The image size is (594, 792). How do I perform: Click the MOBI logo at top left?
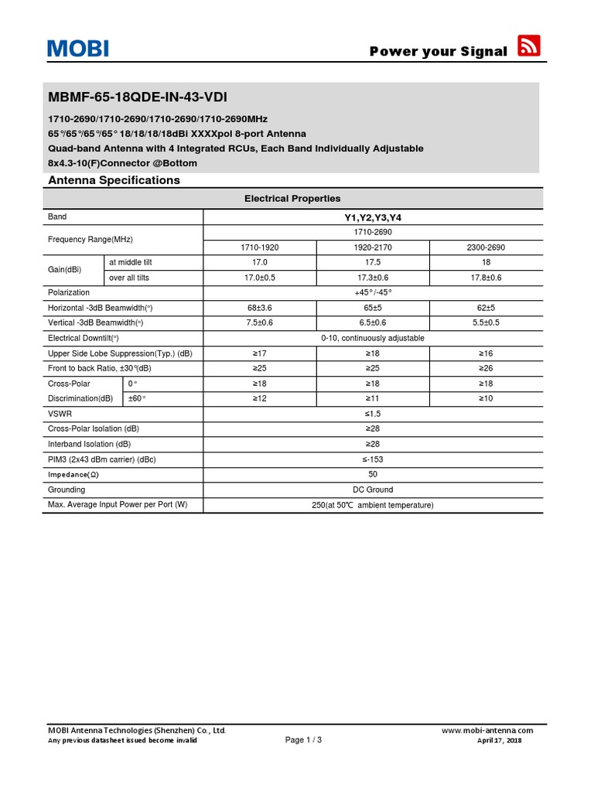click(x=77, y=49)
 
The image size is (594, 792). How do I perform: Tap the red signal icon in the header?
click(x=528, y=46)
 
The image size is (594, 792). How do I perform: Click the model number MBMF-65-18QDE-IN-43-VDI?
click(x=138, y=97)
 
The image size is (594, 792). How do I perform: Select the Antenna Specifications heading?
click(x=114, y=180)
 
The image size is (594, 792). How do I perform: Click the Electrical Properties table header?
click(x=292, y=199)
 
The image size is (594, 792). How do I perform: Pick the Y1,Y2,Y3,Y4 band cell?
click(x=373, y=217)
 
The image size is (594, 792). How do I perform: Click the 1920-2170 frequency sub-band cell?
click(x=373, y=247)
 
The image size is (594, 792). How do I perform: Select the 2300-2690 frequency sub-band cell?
click(x=486, y=247)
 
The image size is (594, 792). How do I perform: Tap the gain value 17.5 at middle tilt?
click(x=373, y=262)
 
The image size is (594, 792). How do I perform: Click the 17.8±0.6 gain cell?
click(x=486, y=278)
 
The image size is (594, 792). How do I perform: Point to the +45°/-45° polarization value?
click(x=373, y=292)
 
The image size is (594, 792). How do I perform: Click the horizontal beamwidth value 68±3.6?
click(x=259, y=308)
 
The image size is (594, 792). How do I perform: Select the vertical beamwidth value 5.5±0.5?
click(x=486, y=323)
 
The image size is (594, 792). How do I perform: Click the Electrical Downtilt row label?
click(x=84, y=338)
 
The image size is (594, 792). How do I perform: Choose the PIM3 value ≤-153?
click(x=373, y=459)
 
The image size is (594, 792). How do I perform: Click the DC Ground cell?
click(x=373, y=490)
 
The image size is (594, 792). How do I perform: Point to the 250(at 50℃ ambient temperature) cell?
click(x=373, y=505)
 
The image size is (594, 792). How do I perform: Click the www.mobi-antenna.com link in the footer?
click(x=487, y=730)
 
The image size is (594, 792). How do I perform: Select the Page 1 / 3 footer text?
click(x=303, y=740)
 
